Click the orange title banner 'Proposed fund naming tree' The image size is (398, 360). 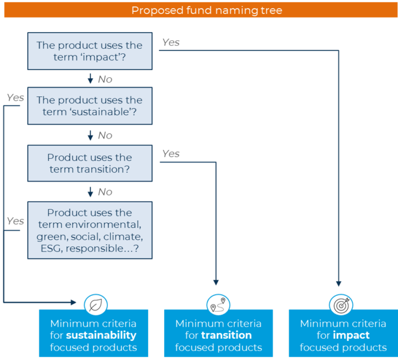[x=201, y=10]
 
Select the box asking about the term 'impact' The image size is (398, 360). [x=90, y=51]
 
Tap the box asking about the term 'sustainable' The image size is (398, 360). [x=90, y=106]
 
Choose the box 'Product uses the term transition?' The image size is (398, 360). [x=90, y=163]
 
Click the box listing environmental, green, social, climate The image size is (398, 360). [x=90, y=230]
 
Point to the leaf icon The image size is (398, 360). [x=96, y=305]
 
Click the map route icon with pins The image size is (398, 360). [x=218, y=305]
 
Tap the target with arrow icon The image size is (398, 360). [x=341, y=305]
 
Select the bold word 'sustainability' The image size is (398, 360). [x=101, y=335]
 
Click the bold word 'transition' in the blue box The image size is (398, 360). [x=226, y=335]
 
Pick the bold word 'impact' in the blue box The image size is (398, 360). [x=351, y=336]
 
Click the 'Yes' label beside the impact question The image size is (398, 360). [x=171, y=42]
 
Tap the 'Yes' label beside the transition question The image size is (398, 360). [x=171, y=153]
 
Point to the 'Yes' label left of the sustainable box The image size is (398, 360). [x=15, y=97]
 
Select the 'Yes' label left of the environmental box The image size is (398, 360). [x=15, y=221]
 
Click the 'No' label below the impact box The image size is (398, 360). [x=105, y=79]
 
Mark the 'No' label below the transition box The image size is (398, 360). [x=105, y=192]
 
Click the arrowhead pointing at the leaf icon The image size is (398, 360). [x=74, y=302]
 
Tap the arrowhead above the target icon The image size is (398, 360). [x=338, y=284]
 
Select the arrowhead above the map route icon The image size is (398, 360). [x=216, y=282]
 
